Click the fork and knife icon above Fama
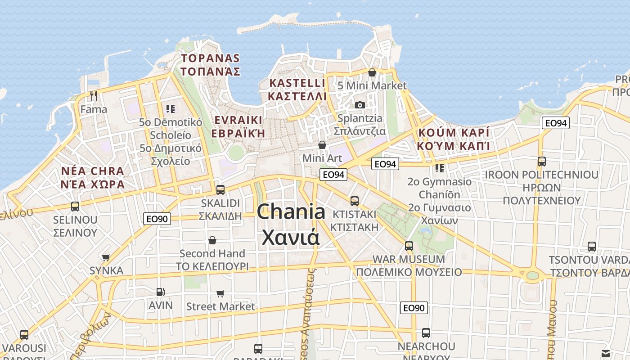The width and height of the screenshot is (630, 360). click(x=94, y=96)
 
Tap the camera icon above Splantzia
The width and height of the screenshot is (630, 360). click(x=360, y=105)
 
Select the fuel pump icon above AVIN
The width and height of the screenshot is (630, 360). click(x=160, y=292)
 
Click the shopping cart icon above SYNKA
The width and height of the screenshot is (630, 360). click(x=106, y=257)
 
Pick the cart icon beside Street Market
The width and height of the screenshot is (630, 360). click(x=220, y=293)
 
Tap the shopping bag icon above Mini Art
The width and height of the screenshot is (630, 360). click(x=322, y=145)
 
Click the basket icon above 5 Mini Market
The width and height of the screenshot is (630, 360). click(x=372, y=72)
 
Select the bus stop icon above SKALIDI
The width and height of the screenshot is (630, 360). click(x=220, y=189)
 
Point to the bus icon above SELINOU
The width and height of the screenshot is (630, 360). click(x=75, y=207)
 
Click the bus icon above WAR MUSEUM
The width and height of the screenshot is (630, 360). click(x=409, y=246)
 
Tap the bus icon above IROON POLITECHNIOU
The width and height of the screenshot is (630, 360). click(x=542, y=161)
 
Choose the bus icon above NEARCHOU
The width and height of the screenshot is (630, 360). click(x=426, y=333)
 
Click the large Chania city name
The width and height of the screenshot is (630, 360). click(x=291, y=224)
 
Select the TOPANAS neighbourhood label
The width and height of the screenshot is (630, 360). click(x=210, y=65)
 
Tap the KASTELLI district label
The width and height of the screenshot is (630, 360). click(x=297, y=90)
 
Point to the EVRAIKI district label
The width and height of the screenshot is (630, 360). click(x=238, y=126)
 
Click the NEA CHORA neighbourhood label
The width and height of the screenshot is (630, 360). click(x=93, y=177)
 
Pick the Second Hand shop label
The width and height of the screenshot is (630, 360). click(x=212, y=260)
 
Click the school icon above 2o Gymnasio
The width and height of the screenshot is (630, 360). click(x=440, y=168)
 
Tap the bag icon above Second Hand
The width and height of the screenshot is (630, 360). click(x=212, y=240)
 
